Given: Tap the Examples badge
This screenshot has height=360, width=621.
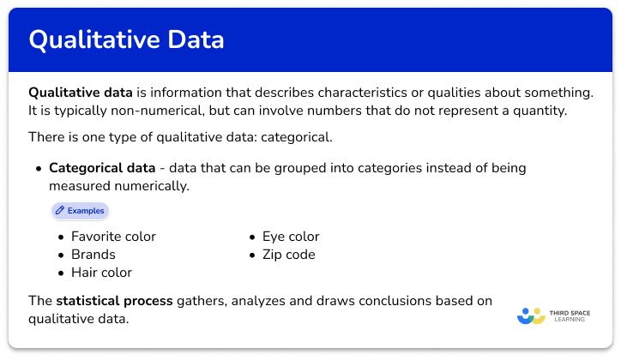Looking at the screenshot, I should (80, 210).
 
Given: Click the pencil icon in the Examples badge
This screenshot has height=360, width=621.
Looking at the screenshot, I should (60, 210).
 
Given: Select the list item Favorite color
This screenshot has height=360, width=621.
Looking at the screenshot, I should (113, 237).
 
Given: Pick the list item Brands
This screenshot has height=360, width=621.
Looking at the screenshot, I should (93, 255).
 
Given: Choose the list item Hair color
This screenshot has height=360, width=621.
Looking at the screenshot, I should (101, 273).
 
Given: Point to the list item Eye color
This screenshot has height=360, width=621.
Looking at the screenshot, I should (292, 237).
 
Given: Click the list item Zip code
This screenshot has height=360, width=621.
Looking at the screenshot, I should (289, 255).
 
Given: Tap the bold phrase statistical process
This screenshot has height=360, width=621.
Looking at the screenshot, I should (114, 301).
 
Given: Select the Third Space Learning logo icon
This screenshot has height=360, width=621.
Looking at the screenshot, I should (532, 316).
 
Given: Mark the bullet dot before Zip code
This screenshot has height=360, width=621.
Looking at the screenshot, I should (253, 255).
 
